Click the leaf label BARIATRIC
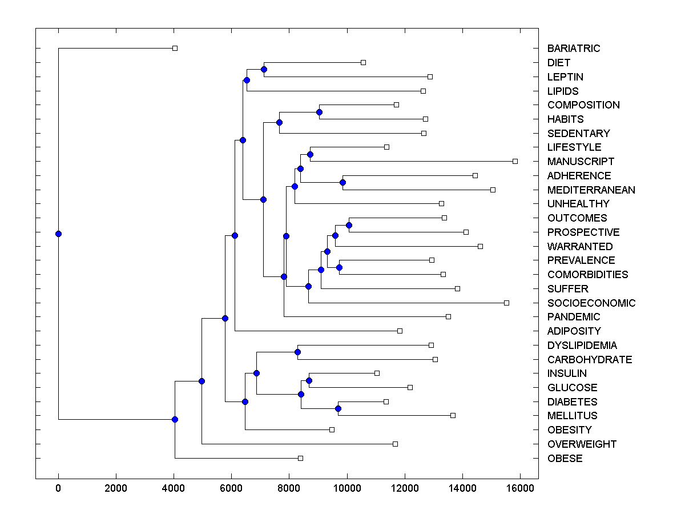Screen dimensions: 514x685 point(574,49)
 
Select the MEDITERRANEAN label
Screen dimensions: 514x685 point(591,190)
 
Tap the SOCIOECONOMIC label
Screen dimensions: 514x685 point(591,303)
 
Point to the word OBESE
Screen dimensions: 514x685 point(565,458)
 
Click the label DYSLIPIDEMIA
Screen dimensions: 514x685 point(582,345)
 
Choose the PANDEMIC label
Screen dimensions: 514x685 point(574,317)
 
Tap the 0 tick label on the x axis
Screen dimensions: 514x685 point(58,488)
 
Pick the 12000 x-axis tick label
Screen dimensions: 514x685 point(405,488)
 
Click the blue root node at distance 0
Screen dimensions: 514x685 point(58,234)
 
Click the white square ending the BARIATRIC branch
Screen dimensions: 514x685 point(175,48)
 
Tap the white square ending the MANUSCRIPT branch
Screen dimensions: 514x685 point(515,161)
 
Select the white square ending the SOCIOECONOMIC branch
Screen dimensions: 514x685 point(506,303)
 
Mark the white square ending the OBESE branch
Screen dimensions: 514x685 point(301,458)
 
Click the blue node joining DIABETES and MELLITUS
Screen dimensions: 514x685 point(338,408)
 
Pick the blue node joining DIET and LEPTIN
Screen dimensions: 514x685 point(264,69)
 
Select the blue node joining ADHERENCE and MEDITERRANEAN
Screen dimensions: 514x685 point(342,182)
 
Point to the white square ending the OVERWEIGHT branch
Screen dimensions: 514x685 point(395,444)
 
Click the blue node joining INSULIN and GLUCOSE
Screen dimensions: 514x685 point(309,380)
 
